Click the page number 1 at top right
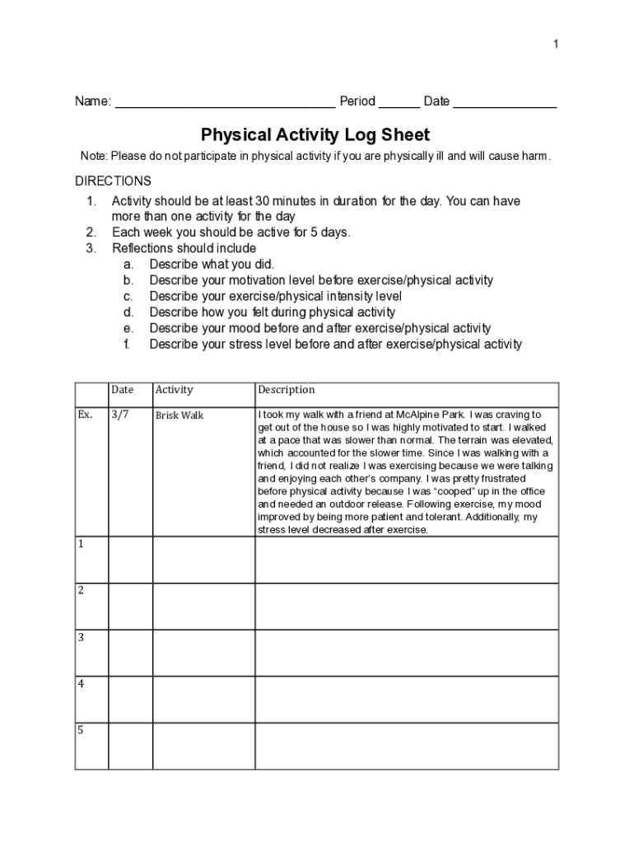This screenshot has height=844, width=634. (x=556, y=44)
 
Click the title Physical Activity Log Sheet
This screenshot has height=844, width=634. (x=315, y=134)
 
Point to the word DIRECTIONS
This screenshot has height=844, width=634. (x=113, y=181)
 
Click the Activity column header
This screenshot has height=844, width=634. (x=174, y=390)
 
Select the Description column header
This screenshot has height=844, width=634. (x=286, y=390)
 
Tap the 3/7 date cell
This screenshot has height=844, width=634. (x=120, y=415)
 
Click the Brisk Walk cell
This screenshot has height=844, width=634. (x=179, y=415)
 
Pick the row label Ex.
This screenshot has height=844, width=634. (x=85, y=415)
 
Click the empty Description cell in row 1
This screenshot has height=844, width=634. (x=407, y=560)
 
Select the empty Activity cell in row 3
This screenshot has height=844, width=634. (x=203, y=653)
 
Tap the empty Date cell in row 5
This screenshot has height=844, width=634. (x=130, y=746)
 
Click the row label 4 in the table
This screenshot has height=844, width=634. (x=81, y=683)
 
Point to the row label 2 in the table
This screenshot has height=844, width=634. (x=81, y=590)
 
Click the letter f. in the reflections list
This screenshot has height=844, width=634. (x=128, y=344)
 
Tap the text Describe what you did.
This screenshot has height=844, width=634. (x=212, y=265)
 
